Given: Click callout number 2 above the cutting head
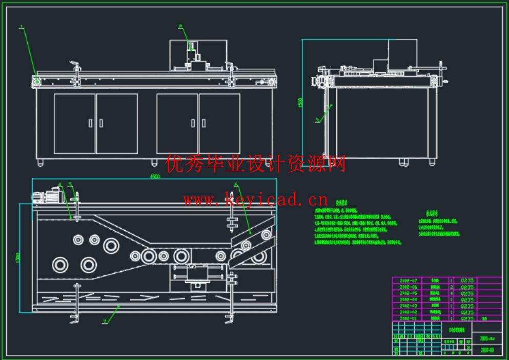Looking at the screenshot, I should tap(180, 26).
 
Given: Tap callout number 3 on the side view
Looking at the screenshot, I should tap(317, 121).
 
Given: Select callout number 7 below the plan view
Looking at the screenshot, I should tap(105, 322).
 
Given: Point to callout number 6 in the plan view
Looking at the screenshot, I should tap(235, 184).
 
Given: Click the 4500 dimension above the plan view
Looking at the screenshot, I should tap(154, 177).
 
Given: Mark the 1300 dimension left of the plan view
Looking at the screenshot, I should tap(18, 256).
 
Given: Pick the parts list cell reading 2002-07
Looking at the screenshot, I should tap(409, 281).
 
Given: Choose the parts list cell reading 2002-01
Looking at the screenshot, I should tap(409, 318).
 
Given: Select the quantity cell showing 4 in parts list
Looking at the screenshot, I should tap(451, 293).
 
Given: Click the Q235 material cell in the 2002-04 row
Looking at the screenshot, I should tap(467, 299).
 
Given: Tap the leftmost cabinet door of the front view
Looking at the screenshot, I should tap(74, 123).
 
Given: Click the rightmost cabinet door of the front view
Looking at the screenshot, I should tap(219, 123).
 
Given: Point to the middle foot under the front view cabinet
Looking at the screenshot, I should tap(154, 162).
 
